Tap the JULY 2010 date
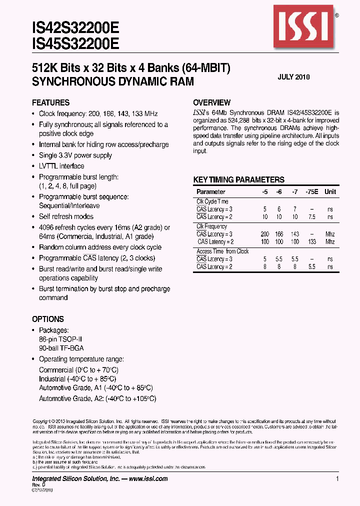pos(293,77)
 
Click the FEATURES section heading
pos(50,102)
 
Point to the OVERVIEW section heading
pos(211,102)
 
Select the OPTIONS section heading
pos(48,319)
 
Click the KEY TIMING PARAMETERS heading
pos(238,180)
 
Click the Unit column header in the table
pos(330,192)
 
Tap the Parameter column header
pos(210,192)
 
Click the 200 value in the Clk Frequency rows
pos(264,234)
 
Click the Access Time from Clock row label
pos(222,251)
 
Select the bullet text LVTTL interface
pos(61,166)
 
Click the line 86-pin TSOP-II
pos(60,339)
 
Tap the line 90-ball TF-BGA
pos(60,348)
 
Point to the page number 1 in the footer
pos(337,478)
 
